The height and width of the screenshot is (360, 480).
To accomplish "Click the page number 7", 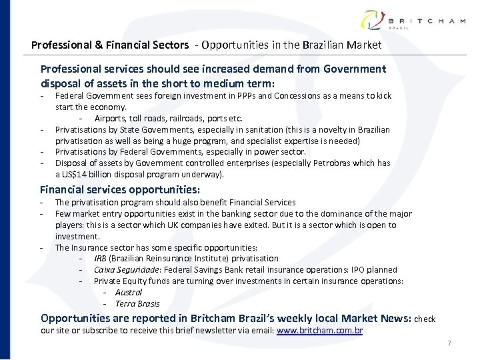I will point(449,344).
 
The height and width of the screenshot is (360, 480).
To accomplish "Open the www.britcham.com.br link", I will point(319,330).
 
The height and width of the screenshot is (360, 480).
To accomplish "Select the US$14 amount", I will point(73,175).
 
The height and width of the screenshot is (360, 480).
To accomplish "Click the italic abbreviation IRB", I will point(100,259).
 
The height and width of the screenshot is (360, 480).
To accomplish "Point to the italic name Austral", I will point(128,293).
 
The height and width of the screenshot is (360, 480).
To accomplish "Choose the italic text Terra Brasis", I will point(137,304).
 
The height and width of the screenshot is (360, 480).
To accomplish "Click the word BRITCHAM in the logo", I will point(426,21).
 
